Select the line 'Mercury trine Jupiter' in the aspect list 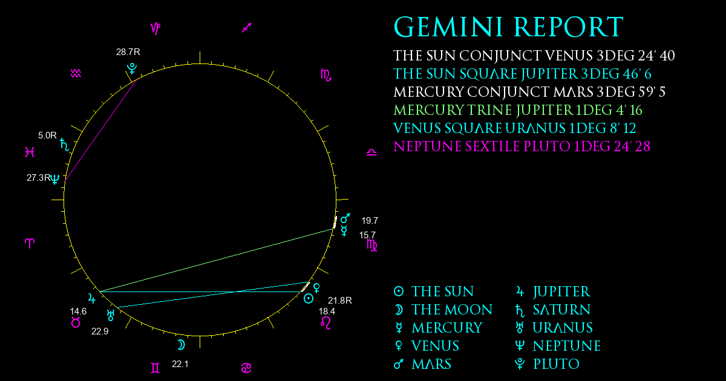click(x=518, y=110)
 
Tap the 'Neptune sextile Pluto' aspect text click(x=522, y=146)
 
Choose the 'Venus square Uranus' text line click(x=514, y=128)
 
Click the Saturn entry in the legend click(x=552, y=310)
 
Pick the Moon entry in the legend click(x=443, y=310)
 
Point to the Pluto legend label click(x=547, y=364)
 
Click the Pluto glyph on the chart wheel click(x=132, y=68)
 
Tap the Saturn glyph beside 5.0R click(x=65, y=145)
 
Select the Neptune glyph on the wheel click(x=55, y=179)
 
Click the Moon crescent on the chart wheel click(x=181, y=345)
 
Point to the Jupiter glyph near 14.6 click(x=92, y=298)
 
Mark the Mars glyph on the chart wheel click(x=345, y=218)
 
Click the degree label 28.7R click(x=128, y=52)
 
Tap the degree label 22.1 click(x=180, y=364)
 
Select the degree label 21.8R click(x=339, y=301)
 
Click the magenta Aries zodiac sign click(x=30, y=243)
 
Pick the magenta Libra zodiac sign click(x=371, y=152)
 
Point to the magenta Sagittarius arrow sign click(x=247, y=28)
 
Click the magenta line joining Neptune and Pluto click(x=101, y=129)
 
